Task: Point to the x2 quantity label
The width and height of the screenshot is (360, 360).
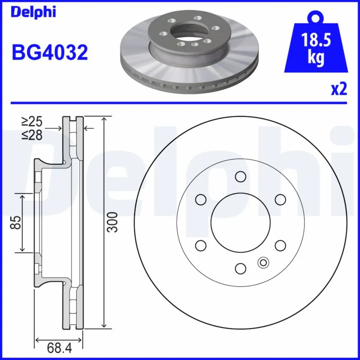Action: [x=339, y=90]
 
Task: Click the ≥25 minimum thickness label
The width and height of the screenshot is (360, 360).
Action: [x=32, y=121]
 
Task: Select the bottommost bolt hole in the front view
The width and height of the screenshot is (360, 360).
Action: [x=240, y=269]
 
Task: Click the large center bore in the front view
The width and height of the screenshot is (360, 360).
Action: [x=240, y=222]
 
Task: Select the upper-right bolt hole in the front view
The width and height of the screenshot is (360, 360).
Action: [x=280, y=199]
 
